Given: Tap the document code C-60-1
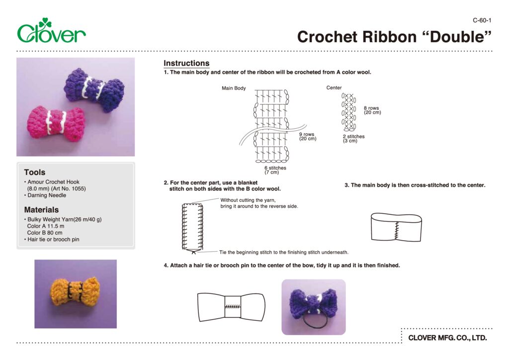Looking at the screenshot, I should tap(482, 20).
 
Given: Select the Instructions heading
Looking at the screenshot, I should tap(186, 63).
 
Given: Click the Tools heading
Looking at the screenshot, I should tap(34, 172).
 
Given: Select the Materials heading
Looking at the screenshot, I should tap(41, 210).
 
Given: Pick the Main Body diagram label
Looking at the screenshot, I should tap(234, 88).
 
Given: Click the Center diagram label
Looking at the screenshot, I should tap(334, 88).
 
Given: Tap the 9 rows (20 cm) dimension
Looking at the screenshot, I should tap(307, 137).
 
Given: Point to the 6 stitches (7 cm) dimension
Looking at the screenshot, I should tap(275, 170).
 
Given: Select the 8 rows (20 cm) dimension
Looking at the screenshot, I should tap(372, 110).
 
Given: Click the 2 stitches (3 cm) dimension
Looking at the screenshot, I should tap(353, 139).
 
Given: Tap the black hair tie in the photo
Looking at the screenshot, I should tap(314, 321).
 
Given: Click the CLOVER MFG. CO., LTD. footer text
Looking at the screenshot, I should tap(447, 338).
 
